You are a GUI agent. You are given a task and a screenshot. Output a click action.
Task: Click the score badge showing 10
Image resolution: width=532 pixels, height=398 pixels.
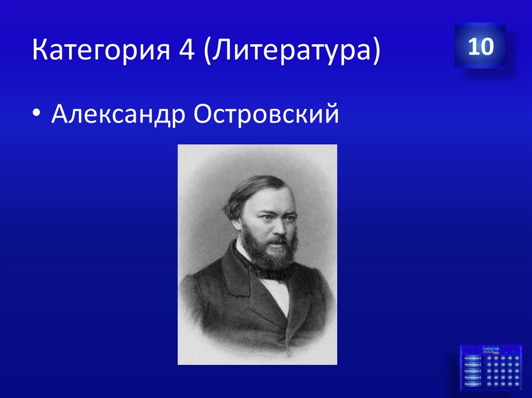480,47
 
